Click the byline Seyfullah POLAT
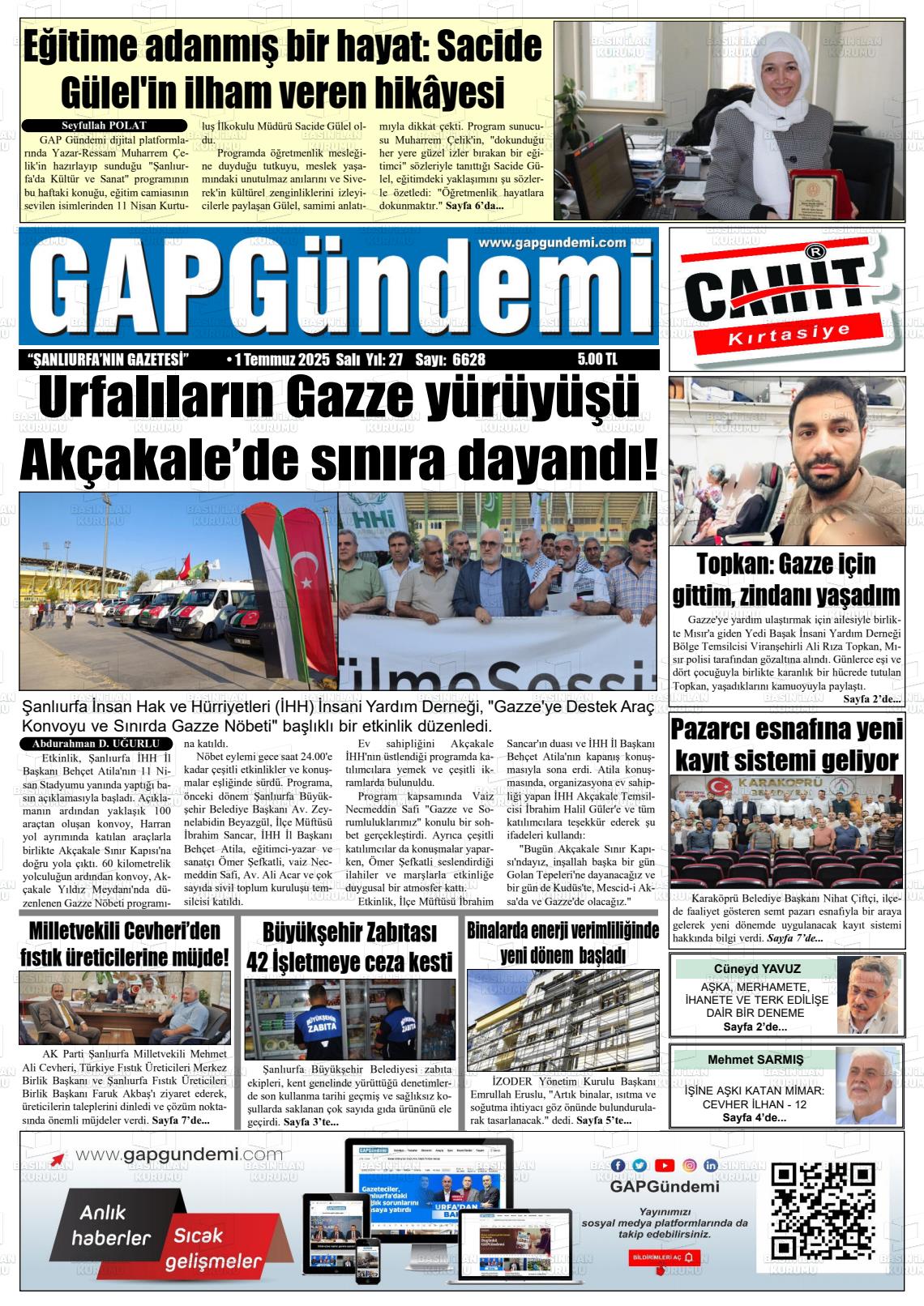coord(104,126)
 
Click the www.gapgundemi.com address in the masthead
coord(552,242)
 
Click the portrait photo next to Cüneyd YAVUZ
coord(869,996)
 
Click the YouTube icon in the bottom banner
coord(665,1165)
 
